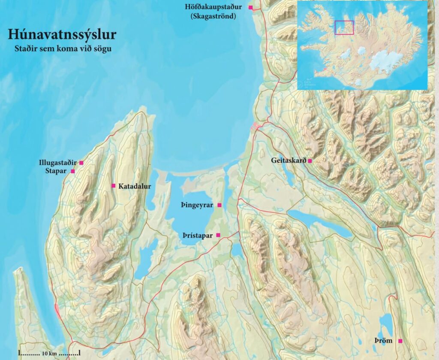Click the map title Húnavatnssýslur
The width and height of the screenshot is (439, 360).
(x=62, y=34)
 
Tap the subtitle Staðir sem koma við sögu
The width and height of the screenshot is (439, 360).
(x=63, y=48)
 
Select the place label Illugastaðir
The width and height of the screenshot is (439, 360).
(x=57, y=163)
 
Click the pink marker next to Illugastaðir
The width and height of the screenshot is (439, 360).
(x=81, y=163)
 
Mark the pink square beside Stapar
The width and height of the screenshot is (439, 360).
(x=72, y=171)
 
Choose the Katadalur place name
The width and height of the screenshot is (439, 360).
(x=133, y=186)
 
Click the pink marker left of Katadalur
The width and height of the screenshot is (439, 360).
(x=113, y=186)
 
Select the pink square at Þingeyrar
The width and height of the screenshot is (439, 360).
(x=219, y=206)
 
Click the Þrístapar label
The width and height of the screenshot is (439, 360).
(x=198, y=235)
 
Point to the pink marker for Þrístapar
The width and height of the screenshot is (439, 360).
(x=218, y=235)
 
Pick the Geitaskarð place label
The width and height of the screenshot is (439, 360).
(x=289, y=161)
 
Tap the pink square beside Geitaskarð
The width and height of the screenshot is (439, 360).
(x=310, y=161)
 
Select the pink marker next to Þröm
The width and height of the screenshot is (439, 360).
(x=400, y=341)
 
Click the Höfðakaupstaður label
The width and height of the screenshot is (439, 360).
(x=213, y=7)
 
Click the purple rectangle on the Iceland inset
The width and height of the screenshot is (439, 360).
(x=344, y=27)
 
